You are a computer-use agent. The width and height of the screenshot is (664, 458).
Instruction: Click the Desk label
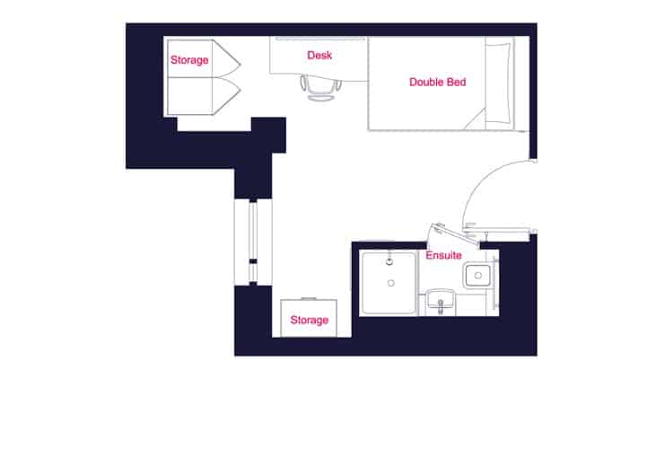point(319,56)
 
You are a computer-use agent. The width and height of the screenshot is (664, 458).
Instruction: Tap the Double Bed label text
point(437,83)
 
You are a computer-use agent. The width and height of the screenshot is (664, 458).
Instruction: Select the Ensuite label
point(443,256)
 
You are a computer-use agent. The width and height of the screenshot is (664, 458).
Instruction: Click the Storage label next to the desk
point(189,60)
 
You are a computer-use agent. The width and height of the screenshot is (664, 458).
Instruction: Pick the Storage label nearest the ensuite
point(309,321)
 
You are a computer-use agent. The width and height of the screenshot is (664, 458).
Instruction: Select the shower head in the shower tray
point(389,260)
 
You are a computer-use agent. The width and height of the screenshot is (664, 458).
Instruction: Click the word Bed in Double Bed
point(457,83)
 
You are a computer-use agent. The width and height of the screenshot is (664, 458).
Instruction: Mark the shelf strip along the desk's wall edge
point(319,39)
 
